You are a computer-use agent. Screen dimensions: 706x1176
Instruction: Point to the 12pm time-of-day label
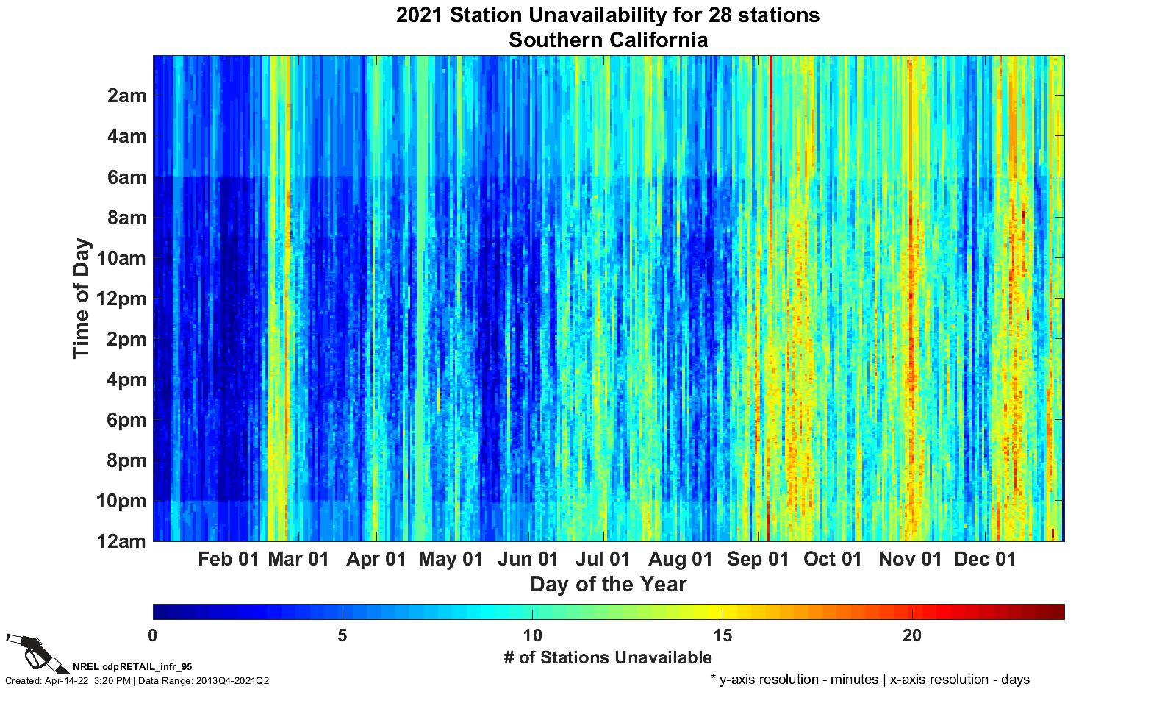[122, 299]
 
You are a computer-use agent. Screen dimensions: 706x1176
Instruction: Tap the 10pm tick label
[122, 502]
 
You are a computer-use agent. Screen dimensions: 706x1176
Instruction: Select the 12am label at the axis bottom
[122, 542]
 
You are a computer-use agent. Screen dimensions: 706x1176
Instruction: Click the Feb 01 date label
[229, 560]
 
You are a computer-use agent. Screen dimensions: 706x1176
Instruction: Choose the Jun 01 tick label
[528, 560]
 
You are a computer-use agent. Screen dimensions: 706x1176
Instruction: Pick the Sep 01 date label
[758, 560]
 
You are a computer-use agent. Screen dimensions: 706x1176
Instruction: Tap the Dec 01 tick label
[985, 560]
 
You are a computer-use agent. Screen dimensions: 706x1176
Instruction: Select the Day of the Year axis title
[608, 585]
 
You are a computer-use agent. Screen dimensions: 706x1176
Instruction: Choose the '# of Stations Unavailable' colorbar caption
[608, 657]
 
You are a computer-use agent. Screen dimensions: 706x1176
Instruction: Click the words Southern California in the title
[608, 40]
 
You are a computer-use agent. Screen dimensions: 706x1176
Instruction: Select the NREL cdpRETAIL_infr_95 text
[132, 667]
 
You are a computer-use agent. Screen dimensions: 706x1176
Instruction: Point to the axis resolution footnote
[870, 680]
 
